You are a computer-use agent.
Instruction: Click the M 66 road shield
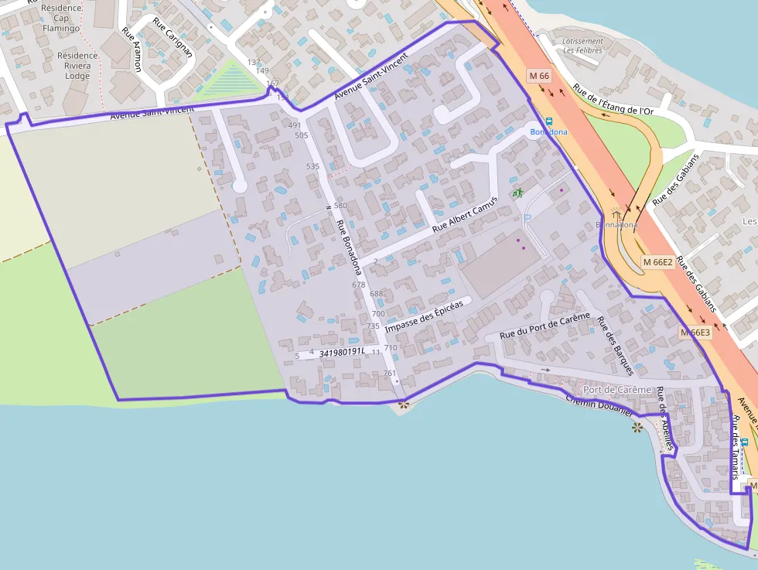pyautogui.click(x=540, y=76)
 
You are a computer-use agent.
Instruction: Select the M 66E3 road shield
pyautogui.click(x=695, y=333)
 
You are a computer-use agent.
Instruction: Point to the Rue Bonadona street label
pyautogui.click(x=348, y=247)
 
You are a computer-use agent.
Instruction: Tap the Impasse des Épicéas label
pyautogui.click(x=424, y=316)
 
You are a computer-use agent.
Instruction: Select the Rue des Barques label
pyautogui.click(x=616, y=348)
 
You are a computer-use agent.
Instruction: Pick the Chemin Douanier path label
pyautogui.click(x=599, y=402)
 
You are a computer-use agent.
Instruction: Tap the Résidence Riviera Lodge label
pyautogui.click(x=77, y=66)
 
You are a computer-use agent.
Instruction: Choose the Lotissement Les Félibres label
pyautogui.click(x=583, y=46)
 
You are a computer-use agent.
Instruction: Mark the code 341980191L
pyautogui.click(x=341, y=351)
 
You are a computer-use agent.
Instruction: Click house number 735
pyautogui.click(x=373, y=326)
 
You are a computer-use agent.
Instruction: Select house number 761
pyautogui.click(x=390, y=374)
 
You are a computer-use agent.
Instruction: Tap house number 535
pyautogui.click(x=312, y=166)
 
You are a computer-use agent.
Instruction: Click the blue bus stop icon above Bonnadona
pyautogui.click(x=549, y=121)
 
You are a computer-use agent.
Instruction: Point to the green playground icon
pyautogui.click(x=517, y=192)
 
